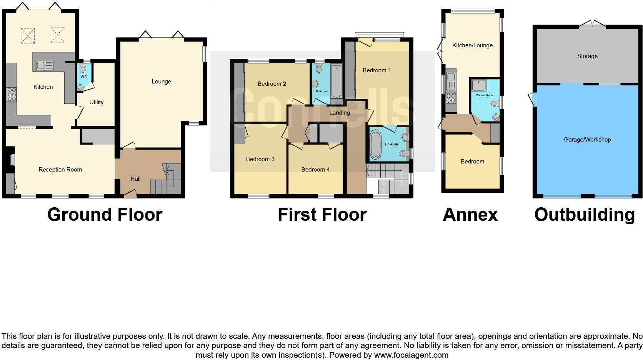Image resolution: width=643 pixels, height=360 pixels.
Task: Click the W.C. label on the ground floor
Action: [84, 77]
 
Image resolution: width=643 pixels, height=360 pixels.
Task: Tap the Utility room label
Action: [96, 102]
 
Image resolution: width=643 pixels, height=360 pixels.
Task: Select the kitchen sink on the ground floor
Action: [45, 66]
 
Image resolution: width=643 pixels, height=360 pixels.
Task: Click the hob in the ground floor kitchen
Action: [12, 95]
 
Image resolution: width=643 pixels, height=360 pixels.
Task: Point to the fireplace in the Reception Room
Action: [11, 159]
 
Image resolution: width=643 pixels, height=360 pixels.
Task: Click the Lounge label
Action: [161, 82]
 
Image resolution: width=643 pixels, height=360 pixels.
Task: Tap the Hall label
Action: [135, 178]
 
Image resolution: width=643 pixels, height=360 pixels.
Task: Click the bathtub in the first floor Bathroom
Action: [336, 81]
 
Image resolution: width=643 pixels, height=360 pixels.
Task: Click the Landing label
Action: [339, 113]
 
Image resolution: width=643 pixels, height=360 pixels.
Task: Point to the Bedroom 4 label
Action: [315, 170]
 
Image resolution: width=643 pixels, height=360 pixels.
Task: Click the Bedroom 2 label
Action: [272, 84]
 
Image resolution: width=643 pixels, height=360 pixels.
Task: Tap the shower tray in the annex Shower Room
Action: [479, 85]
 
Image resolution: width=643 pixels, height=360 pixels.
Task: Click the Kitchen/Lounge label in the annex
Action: [472, 45]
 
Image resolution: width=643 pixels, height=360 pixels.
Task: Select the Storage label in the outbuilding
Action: [587, 56]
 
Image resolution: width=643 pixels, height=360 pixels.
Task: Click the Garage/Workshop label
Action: [587, 140]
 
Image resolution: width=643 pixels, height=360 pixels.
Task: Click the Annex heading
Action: [470, 215]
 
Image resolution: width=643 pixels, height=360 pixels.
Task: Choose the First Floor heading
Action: [322, 215]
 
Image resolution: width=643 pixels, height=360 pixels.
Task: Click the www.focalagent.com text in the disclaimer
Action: [411, 355]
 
